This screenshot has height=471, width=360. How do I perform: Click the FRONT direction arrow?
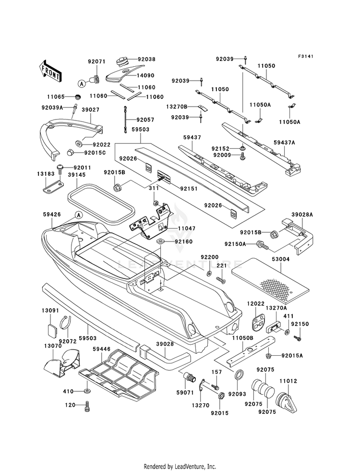pos(50,71)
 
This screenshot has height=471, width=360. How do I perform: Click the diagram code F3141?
pos(306,56)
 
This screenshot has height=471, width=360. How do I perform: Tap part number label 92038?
pos(146,60)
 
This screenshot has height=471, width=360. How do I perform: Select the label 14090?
pos(146,76)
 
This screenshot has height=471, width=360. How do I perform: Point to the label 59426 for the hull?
pos(52,215)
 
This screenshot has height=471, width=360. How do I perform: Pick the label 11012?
pos(288,381)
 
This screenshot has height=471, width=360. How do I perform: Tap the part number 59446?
pos(101,350)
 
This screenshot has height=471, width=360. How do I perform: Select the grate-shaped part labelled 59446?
pos(119,375)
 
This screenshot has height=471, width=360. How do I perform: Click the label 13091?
pos(50,311)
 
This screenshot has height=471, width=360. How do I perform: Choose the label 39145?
pos(77,174)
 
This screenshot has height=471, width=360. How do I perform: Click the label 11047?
pos(186,228)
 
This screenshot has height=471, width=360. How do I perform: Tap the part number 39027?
pos(91,110)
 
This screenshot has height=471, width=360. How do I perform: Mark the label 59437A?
pos(284,143)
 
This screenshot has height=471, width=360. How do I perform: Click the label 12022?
pos(255,304)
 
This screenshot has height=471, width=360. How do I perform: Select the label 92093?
pos(237,394)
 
